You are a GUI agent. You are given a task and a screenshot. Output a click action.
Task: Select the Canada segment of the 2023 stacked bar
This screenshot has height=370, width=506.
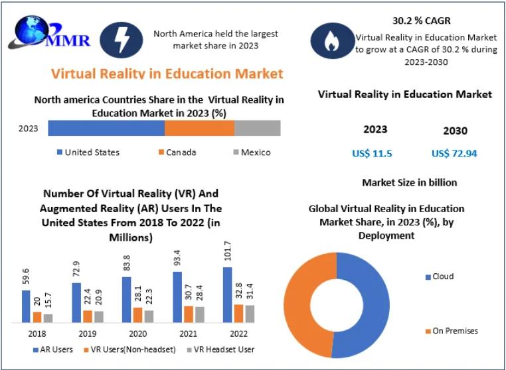point(199,128)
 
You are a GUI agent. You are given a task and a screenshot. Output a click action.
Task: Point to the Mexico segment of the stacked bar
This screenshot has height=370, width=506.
point(257,128)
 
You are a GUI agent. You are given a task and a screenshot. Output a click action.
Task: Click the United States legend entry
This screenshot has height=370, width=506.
point(88,153)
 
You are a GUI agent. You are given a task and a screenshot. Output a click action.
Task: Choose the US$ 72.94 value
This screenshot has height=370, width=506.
point(454,154)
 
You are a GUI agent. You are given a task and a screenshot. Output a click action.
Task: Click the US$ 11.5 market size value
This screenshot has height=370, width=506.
point(372,154)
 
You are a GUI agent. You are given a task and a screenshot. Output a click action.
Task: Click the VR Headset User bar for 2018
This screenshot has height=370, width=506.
point(48,318)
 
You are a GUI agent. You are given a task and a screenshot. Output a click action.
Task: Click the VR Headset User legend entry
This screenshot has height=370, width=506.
point(219,349)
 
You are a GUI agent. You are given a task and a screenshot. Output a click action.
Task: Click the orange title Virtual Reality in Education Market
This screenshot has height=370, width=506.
point(167,73)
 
